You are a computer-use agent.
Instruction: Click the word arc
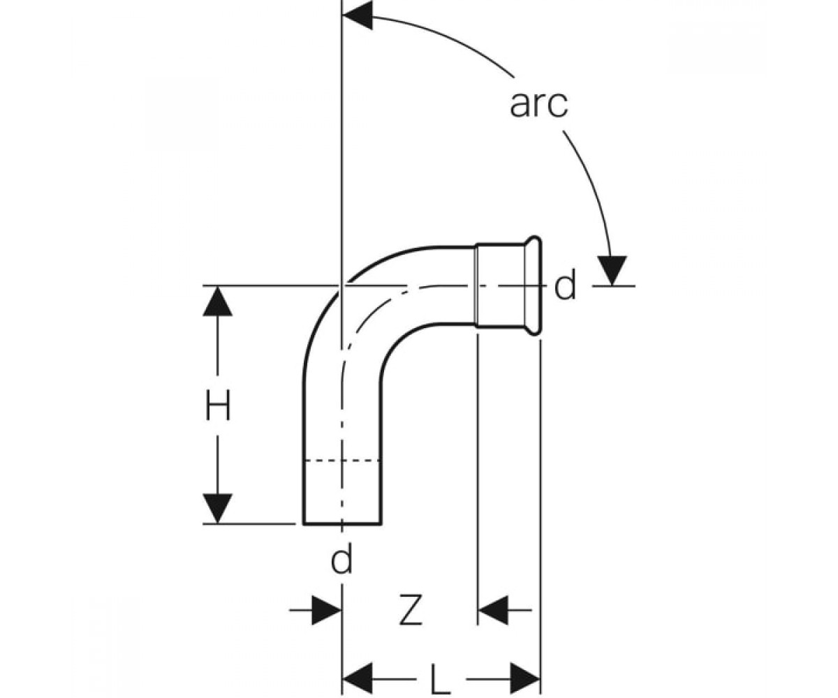pyautogui.click(x=538, y=105)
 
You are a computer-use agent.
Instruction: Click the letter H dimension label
pyautogui.click(x=218, y=406)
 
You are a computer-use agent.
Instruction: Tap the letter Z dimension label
pyautogui.click(x=411, y=610)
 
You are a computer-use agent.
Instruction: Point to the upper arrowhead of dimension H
pyautogui.click(x=217, y=302)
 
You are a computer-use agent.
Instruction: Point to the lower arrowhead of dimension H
pyautogui.click(x=217, y=509)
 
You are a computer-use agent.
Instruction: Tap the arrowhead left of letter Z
pyautogui.click(x=326, y=610)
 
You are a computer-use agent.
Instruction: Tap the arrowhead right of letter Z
pyautogui.click(x=493, y=610)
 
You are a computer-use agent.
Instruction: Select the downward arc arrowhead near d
pyautogui.click(x=612, y=270)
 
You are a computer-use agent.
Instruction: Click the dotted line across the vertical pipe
pyautogui.click(x=342, y=461)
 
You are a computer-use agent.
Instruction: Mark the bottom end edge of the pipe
pyautogui.click(x=342, y=523)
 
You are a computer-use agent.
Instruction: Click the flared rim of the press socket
pyautogui.click(x=534, y=285)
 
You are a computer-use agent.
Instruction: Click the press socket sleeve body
pyautogui.click(x=500, y=285)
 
